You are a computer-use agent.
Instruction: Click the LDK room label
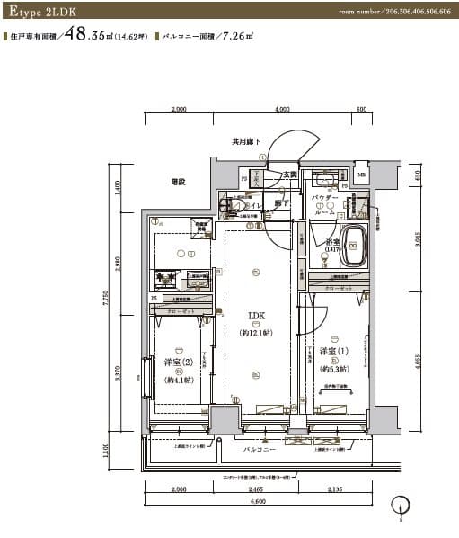[257, 317]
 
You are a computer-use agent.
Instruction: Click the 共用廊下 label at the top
[245, 141]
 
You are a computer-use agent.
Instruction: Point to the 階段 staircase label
[177, 182]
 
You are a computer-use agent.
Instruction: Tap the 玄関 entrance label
[289, 175]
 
